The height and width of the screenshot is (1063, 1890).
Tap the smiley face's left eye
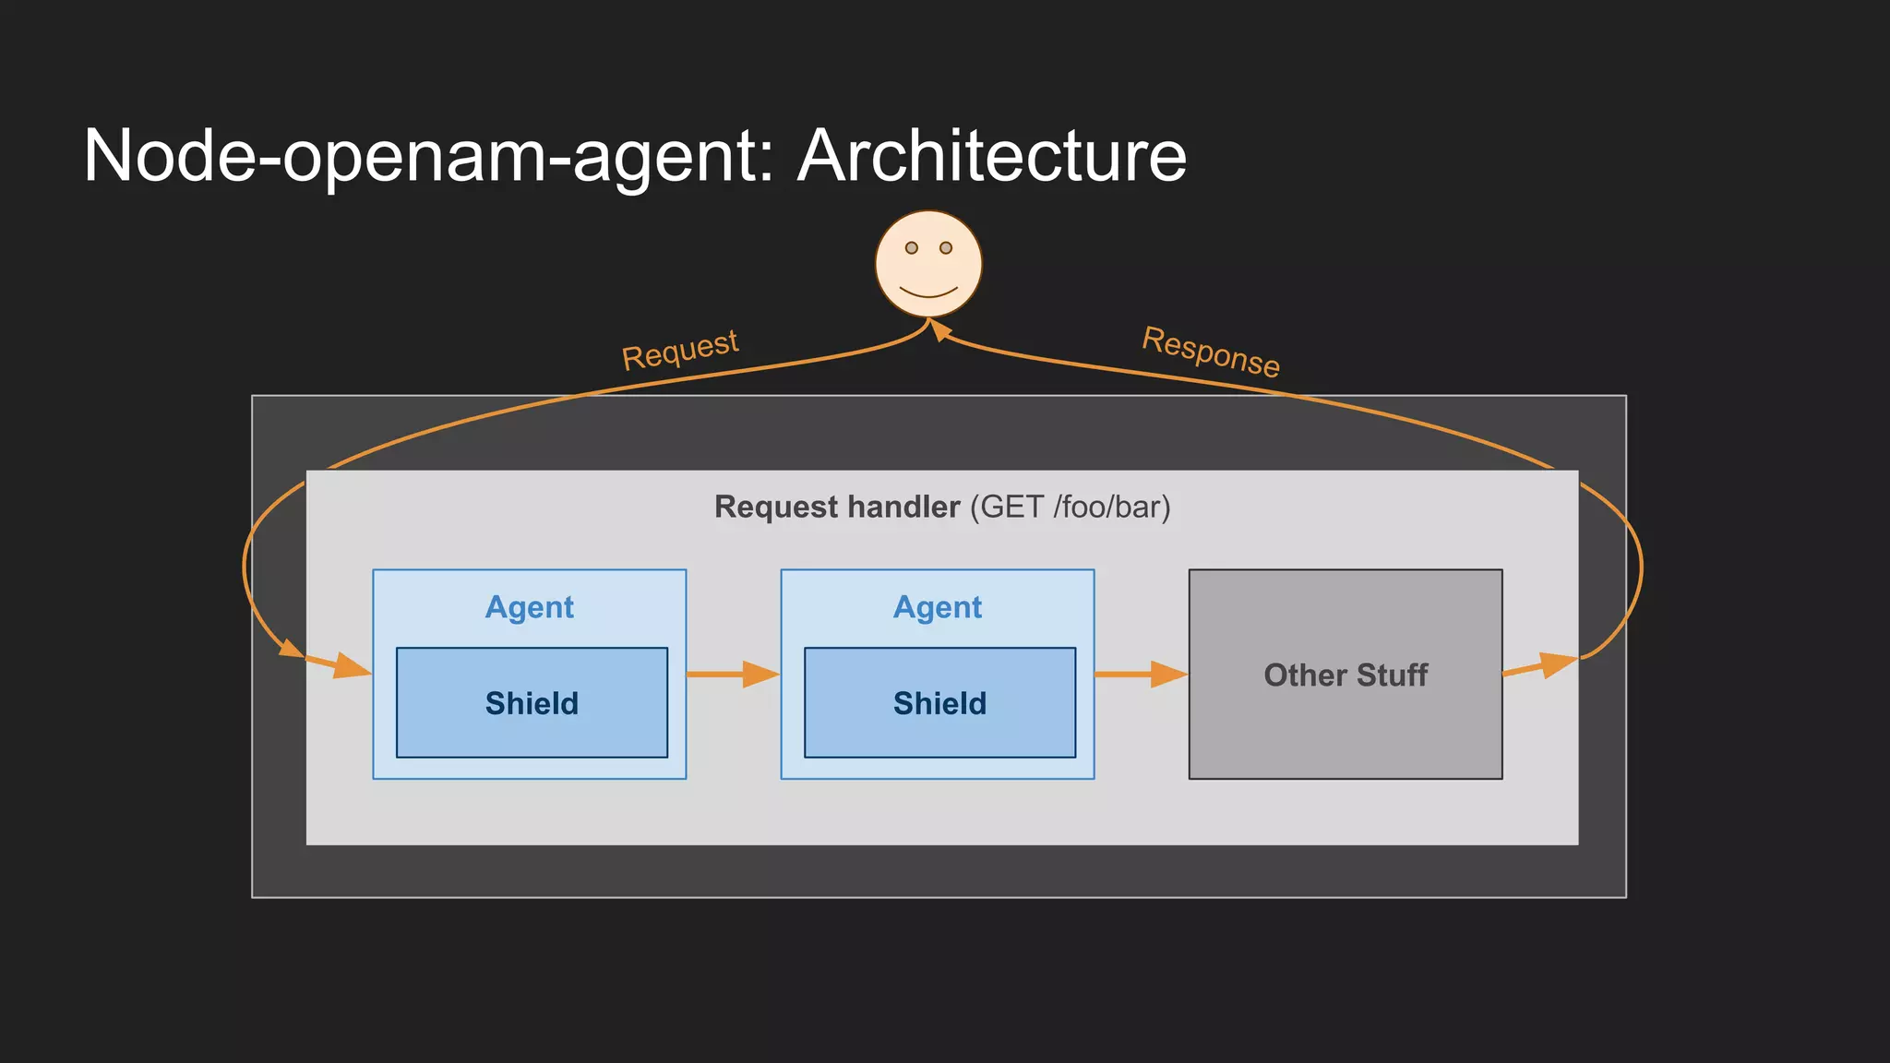(x=911, y=247)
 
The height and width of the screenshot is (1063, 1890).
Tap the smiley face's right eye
(x=945, y=247)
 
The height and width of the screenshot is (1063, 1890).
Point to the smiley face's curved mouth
(x=927, y=293)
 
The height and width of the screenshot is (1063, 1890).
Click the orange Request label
(x=680, y=350)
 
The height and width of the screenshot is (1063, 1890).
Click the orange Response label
(x=1210, y=352)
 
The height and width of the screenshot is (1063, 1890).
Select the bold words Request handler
(x=836, y=508)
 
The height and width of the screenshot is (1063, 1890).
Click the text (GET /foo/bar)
(x=1070, y=508)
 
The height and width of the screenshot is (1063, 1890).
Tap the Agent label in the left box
(x=529, y=607)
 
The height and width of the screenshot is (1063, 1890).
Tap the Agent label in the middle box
(x=937, y=607)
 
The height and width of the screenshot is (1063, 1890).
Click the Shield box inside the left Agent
(x=532, y=703)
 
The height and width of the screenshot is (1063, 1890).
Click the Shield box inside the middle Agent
(x=939, y=703)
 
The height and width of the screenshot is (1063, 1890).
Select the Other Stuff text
(x=1345, y=675)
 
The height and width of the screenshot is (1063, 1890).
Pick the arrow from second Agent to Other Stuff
(x=1141, y=675)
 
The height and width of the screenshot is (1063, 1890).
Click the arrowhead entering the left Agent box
(x=352, y=667)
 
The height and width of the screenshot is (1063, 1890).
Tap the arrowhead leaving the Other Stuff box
(x=1558, y=664)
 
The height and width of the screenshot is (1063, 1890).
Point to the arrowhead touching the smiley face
(x=939, y=328)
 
